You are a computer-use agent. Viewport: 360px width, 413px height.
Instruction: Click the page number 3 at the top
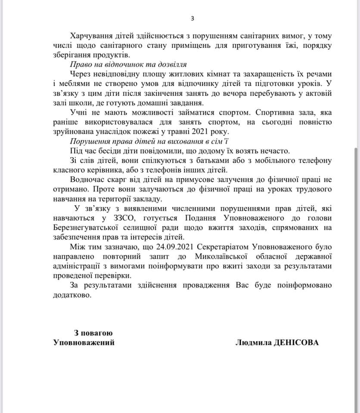coord(192,18)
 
